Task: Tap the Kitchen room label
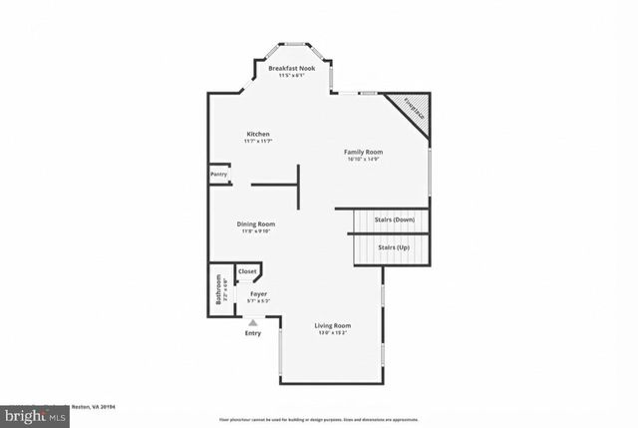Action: (258, 134)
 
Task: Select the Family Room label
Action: (364, 152)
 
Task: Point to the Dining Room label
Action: (255, 223)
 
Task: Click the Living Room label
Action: (332, 326)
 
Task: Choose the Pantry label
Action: (218, 175)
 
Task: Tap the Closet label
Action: (247, 270)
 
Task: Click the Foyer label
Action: (258, 294)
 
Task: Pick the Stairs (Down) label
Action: (395, 219)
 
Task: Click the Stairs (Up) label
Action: (394, 247)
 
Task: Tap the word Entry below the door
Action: (253, 333)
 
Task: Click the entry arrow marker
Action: (253, 322)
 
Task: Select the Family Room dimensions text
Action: (364, 160)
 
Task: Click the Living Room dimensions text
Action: (332, 334)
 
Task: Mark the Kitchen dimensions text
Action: (258, 142)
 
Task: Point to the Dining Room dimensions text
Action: (255, 231)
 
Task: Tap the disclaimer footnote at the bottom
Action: (319, 419)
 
